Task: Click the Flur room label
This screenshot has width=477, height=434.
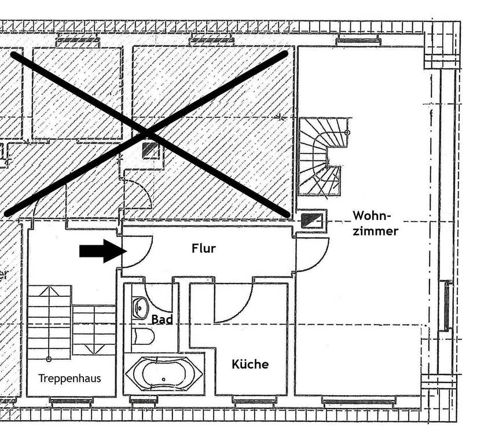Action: (x=203, y=249)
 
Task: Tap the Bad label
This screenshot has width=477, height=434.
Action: (x=162, y=319)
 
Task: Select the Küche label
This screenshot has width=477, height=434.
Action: (x=250, y=364)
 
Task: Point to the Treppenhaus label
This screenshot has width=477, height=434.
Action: (x=69, y=378)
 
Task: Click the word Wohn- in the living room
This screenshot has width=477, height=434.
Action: (x=372, y=216)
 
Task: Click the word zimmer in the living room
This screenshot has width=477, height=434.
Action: (x=377, y=231)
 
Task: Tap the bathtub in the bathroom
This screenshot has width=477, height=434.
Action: (x=164, y=373)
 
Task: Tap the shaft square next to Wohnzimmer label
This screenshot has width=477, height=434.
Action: (x=312, y=220)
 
